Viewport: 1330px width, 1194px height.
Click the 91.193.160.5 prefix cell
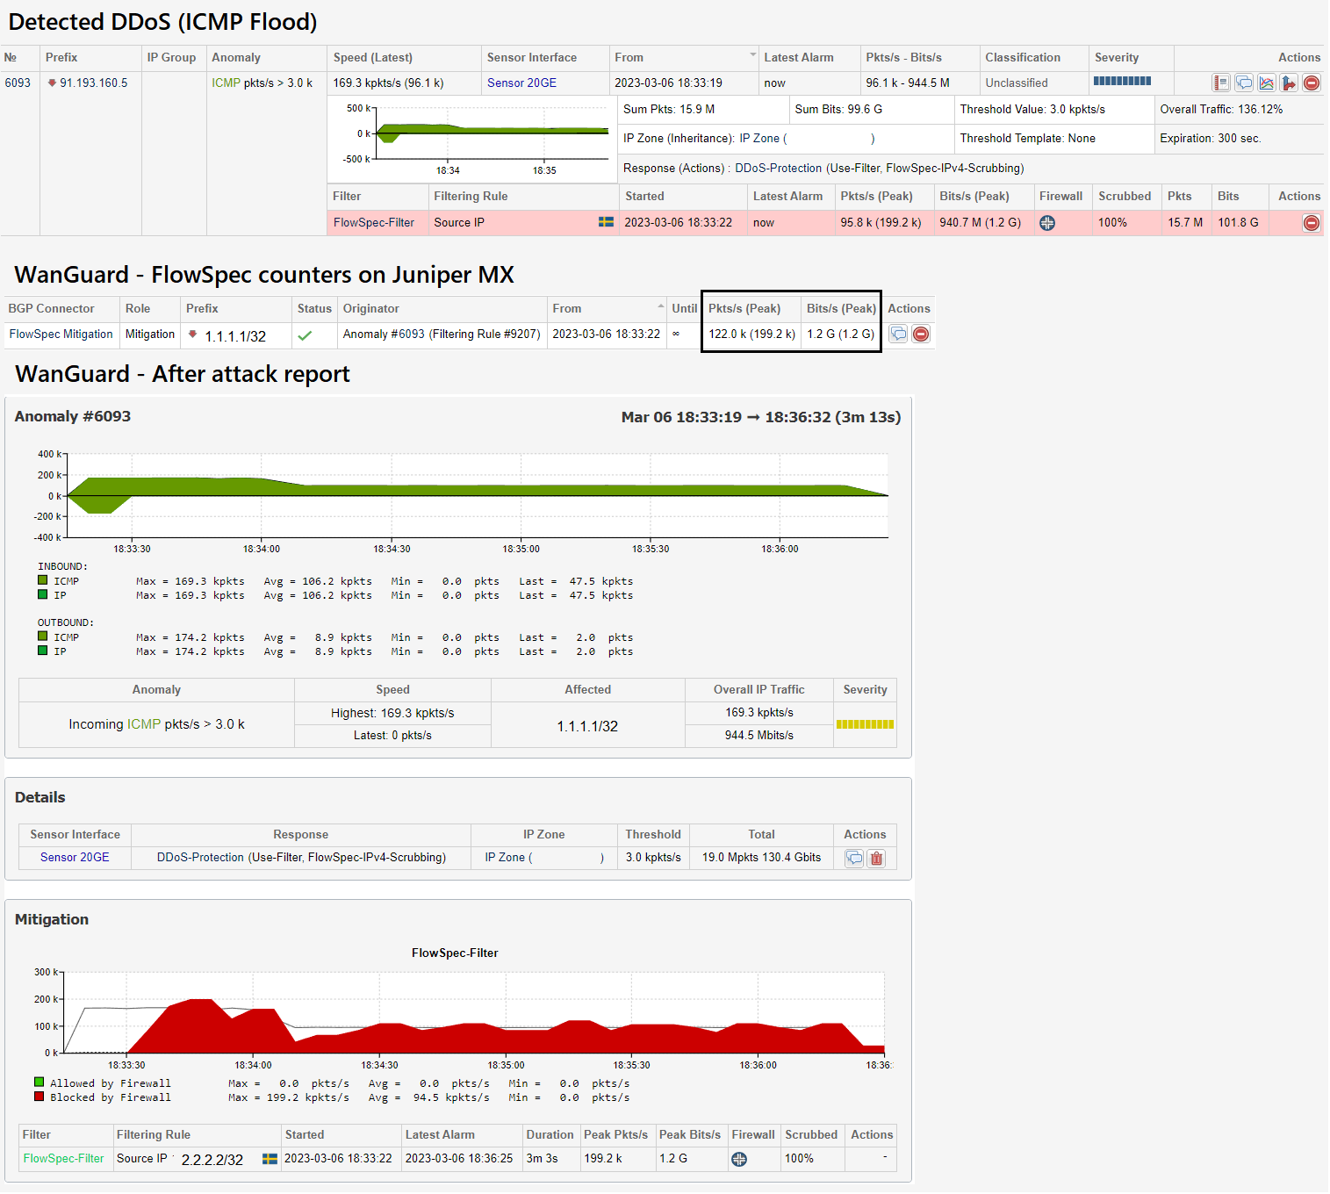click(93, 83)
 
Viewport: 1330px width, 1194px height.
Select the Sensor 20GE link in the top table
click(521, 83)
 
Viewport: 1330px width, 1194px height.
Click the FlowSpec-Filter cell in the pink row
click(374, 223)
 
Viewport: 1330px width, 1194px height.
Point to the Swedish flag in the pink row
click(606, 222)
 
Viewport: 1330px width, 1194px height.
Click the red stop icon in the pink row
click(1311, 223)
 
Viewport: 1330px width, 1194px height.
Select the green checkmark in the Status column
click(305, 335)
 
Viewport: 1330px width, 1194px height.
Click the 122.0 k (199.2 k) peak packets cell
click(751, 334)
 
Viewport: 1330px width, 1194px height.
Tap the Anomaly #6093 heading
click(73, 417)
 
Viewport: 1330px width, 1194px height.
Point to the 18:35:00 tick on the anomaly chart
click(521, 548)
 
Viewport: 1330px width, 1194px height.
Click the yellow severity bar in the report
click(865, 724)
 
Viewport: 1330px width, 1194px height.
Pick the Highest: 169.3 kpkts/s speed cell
click(392, 713)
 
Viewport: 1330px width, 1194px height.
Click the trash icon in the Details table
click(876, 859)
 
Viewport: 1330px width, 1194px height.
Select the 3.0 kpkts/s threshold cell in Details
click(653, 858)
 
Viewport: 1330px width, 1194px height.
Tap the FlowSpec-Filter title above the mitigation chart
click(455, 953)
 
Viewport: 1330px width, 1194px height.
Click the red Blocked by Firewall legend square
click(40, 1097)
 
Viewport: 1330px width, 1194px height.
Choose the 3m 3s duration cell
click(542, 1159)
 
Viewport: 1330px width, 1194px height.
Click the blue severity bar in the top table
click(1122, 82)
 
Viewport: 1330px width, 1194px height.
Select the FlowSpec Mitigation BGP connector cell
click(61, 334)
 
